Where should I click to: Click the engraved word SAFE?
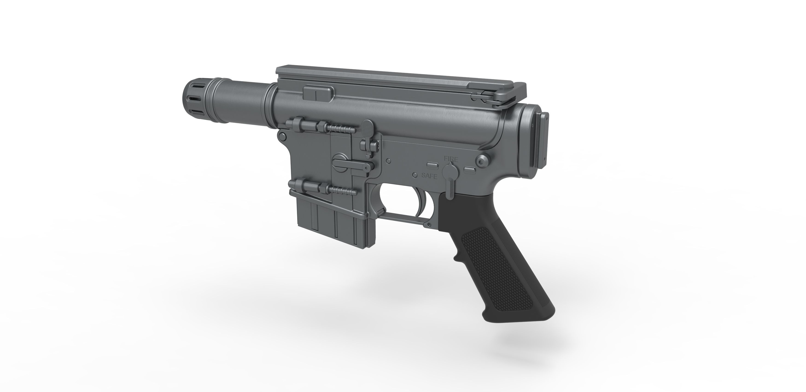[x=429, y=176]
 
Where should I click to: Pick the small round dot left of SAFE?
[x=415, y=175]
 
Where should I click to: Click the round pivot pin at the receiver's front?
[x=282, y=136]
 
